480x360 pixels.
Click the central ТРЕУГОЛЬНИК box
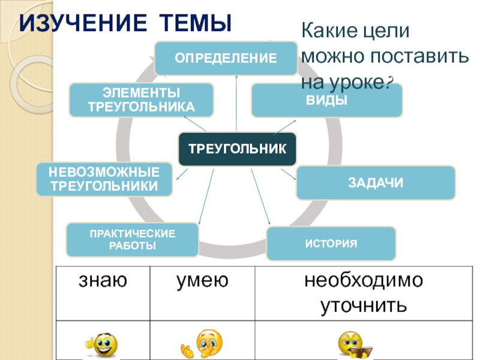coord(238,149)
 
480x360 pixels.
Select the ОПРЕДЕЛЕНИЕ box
coord(226,58)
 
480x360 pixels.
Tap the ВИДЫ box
coord(326,100)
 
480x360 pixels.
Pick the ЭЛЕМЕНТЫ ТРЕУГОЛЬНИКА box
coord(142,100)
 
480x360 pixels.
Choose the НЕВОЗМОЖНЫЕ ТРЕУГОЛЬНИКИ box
coord(104,179)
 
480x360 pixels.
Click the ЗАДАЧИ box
coord(376,182)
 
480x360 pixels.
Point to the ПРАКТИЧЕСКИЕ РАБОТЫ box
coord(132,239)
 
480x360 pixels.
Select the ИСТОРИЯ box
coord(331,244)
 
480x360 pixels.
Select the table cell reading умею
coord(202,280)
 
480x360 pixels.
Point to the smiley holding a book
coord(355,344)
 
